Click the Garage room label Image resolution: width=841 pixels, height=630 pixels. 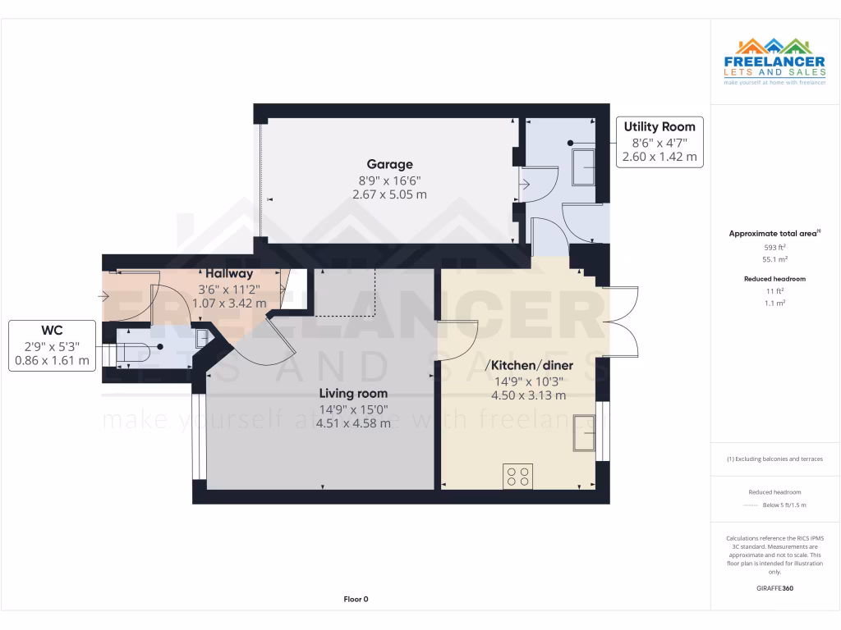coord(389,164)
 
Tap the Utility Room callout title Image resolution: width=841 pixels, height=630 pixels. coord(659,126)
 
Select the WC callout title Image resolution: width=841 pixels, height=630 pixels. coord(53,331)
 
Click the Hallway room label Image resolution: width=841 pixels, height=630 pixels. coord(229,273)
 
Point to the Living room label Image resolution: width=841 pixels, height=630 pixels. coord(353,393)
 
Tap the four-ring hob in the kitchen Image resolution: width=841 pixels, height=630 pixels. coord(518,476)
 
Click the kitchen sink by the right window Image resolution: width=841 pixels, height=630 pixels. coord(585,433)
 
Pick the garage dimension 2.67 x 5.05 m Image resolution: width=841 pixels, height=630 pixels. coord(389,194)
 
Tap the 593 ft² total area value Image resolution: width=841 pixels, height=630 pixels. coord(775,247)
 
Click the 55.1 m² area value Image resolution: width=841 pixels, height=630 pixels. coord(775,258)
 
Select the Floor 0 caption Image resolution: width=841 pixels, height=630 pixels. coord(356,600)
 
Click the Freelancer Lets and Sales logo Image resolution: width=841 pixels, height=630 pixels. coord(774,62)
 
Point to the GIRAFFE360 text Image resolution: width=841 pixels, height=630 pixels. coord(774,588)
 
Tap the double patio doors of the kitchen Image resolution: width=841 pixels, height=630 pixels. coord(623,322)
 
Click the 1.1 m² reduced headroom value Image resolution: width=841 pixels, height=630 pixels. coord(775,303)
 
